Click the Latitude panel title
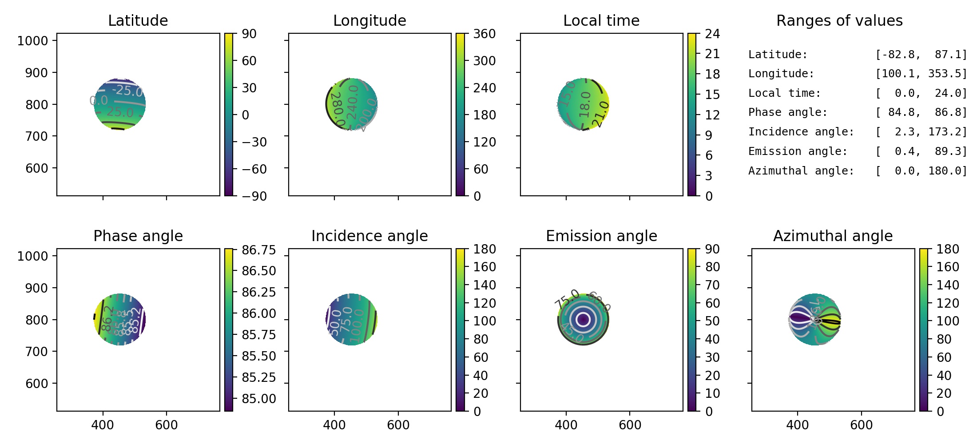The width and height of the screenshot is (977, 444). (x=138, y=21)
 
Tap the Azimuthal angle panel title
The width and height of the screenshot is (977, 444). (x=833, y=236)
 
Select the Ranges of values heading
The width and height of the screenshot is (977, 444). (x=839, y=21)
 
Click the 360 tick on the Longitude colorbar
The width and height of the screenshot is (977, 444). (x=484, y=34)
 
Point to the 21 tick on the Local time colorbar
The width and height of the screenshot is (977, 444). (x=712, y=54)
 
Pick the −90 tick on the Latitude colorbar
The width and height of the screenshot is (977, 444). (x=254, y=196)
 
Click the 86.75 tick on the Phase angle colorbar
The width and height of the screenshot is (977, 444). (x=258, y=250)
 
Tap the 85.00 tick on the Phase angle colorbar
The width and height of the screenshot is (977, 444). (x=258, y=399)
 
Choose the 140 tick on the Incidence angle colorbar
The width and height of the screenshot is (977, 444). (x=484, y=285)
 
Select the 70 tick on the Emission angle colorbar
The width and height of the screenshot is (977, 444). (x=712, y=285)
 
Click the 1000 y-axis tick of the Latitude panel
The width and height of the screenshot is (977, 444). (x=32, y=41)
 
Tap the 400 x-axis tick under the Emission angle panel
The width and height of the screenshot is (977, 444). (x=566, y=425)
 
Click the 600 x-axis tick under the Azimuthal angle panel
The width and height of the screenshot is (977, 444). (x=861, y=425)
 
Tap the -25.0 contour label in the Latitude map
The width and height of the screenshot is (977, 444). (x=127, y=91)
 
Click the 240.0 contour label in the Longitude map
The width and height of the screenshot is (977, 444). (x=353, y=103)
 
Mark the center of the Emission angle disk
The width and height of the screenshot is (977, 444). (x=583, y=319)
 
